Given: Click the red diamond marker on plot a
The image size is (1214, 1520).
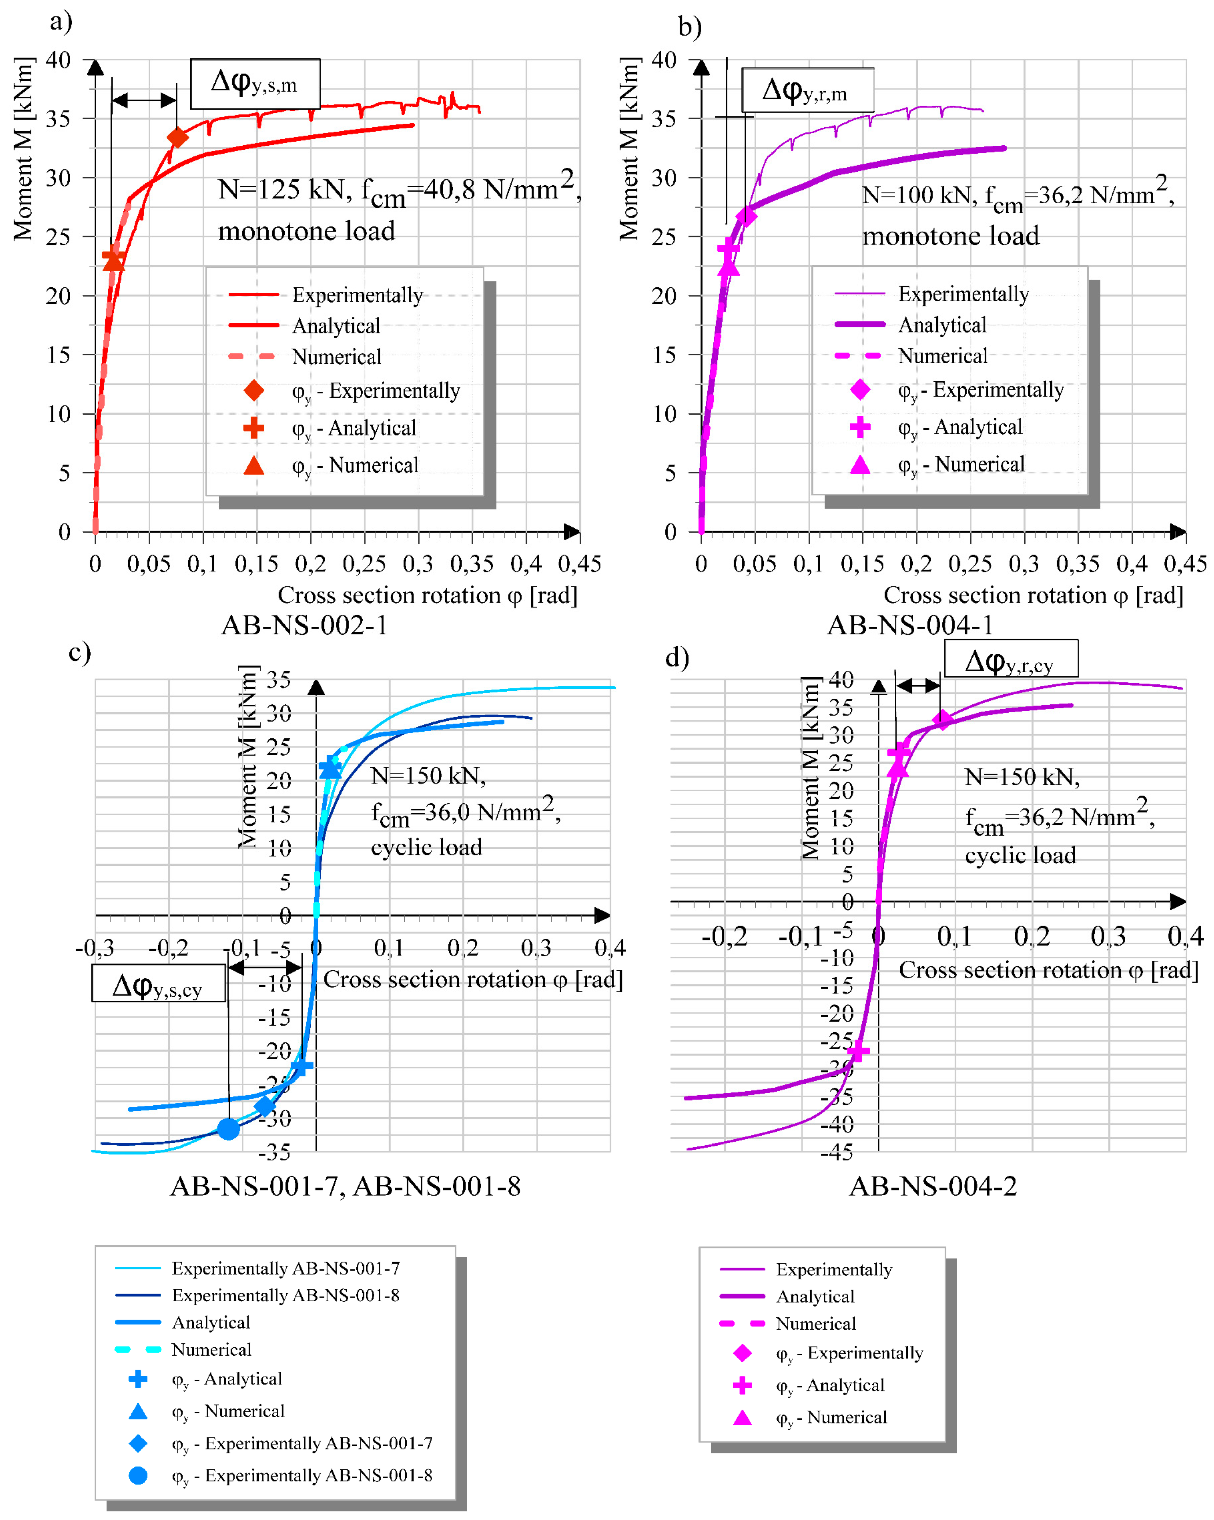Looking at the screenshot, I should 178,138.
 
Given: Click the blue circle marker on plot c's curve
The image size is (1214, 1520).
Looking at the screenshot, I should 228,1129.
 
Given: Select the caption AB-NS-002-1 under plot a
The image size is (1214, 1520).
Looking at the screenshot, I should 305,625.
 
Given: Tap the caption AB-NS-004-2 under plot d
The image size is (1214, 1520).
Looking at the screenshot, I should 933,1186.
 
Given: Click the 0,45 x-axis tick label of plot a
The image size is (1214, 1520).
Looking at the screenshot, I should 579,564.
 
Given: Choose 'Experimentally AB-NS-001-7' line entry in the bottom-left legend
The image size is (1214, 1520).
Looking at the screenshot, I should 286,1268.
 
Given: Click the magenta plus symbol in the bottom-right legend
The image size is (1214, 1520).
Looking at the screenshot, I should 742,1385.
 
